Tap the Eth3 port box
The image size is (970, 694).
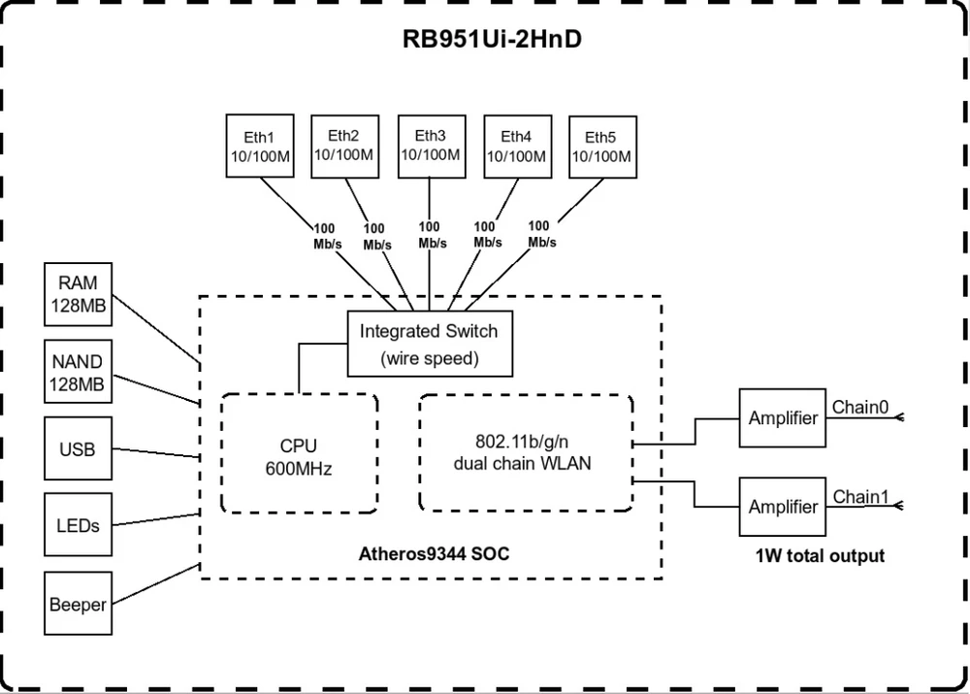coord(430,146)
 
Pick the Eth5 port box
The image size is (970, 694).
coord(601,148)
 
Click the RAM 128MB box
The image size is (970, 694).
coord(79,296)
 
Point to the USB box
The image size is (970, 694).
coord(79,449)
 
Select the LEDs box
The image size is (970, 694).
coord(79,525)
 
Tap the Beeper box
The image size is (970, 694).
coord(79,604)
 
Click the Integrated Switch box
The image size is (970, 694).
coord(429,344)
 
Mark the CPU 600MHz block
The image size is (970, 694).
coord(299,452)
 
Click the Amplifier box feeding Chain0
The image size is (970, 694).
coord(783,418)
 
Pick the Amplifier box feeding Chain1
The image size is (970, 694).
coord(783,507)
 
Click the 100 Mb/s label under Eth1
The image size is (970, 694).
coord(327,236)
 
